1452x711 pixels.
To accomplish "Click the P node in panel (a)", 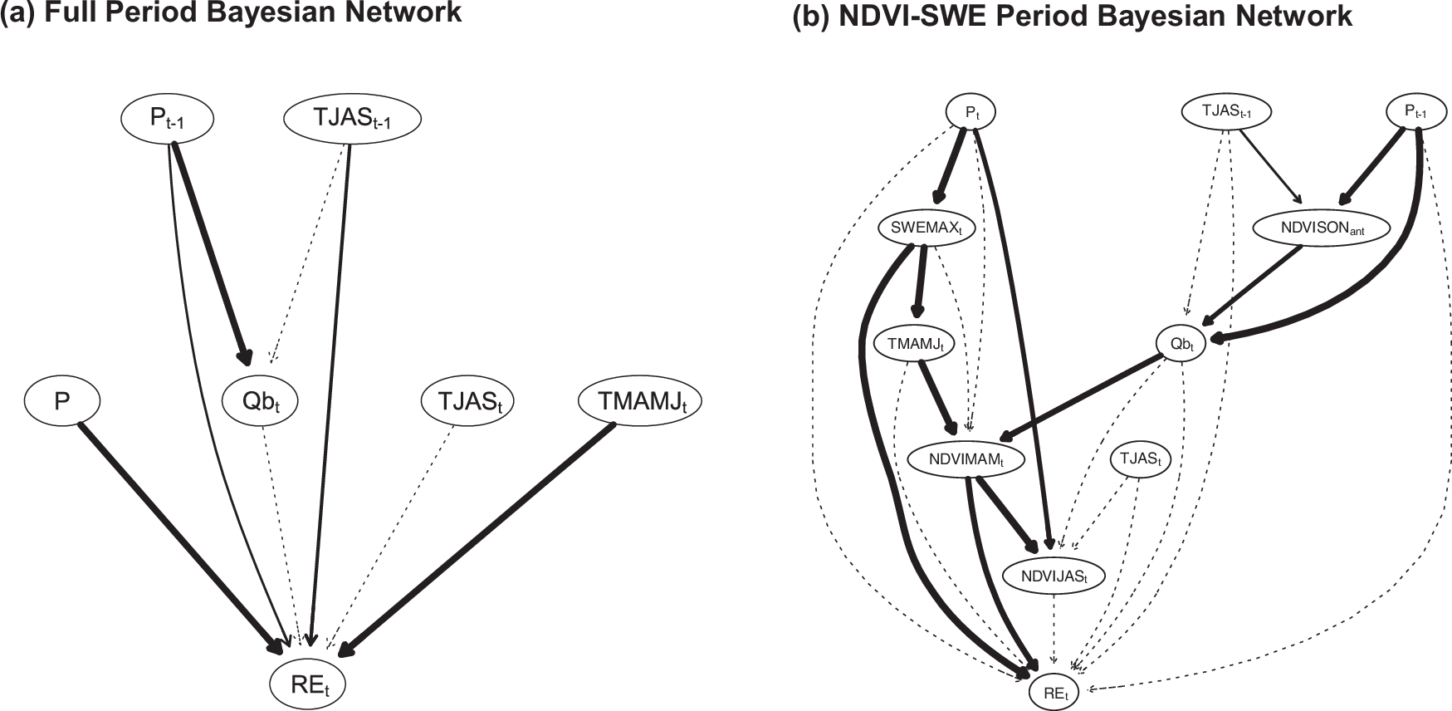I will point(62,402).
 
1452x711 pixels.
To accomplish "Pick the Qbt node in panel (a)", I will point(260,402).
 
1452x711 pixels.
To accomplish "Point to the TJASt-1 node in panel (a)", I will point(352,120).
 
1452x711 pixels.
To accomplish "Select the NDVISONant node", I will point(1319,227).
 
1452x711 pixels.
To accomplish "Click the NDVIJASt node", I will point(1054,575).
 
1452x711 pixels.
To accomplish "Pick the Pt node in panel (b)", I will point(971,111).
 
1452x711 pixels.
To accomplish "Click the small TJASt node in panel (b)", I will point(1140,458).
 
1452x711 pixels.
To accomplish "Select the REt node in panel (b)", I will point(1054,692).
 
